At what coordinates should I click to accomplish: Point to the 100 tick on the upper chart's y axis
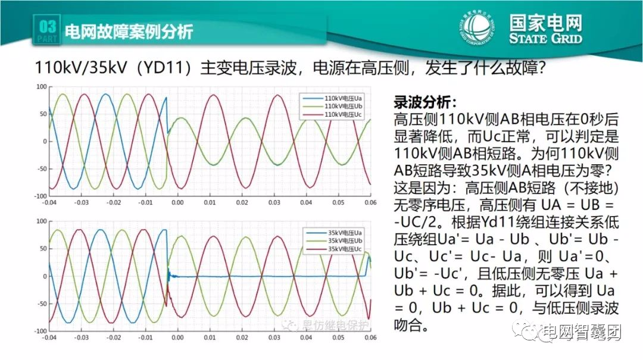41,87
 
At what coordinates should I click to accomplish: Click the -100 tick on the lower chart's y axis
39,331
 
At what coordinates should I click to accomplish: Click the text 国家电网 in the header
545,23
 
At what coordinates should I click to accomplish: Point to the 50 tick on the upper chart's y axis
43,114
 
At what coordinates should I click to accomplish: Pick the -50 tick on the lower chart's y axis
41,303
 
